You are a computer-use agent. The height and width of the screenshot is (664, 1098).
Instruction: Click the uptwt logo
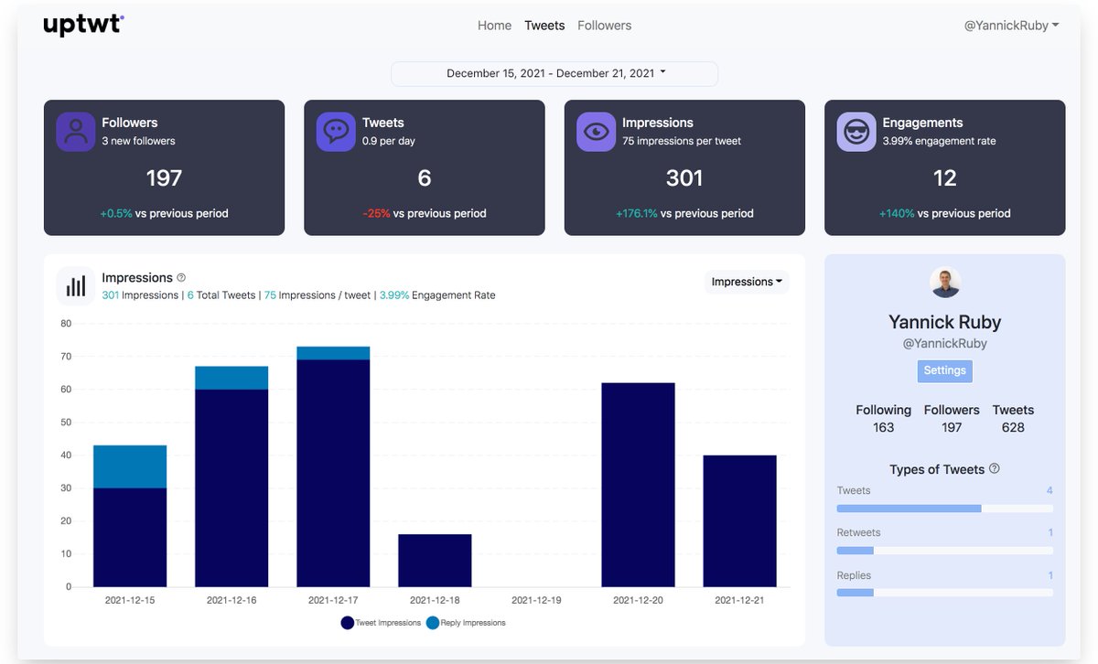point(83,25)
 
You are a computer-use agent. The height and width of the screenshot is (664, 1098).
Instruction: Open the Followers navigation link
point(604,26)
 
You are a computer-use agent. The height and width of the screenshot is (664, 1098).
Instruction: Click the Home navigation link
point(494,26)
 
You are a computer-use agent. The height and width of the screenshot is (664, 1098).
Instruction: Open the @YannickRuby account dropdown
point(1011,26)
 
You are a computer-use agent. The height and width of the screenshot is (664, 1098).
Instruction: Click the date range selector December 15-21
point(554,73)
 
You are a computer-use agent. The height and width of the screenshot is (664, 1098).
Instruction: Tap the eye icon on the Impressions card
point(596,132)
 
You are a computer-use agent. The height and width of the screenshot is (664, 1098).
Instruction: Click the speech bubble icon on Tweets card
point(336,132)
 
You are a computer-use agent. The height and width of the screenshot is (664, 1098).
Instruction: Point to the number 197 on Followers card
point(164,177)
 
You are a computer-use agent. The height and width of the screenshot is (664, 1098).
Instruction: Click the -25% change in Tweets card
point(377,213)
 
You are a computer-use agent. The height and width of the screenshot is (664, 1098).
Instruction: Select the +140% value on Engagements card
point(897,213)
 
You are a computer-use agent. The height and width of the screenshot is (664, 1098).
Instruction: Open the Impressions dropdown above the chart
point(747,282)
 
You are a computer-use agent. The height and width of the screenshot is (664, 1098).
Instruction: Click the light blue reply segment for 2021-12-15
point(130,466)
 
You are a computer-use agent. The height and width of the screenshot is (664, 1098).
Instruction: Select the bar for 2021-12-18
point(435,561)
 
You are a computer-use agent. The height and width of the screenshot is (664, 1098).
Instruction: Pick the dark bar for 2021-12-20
point(638,485)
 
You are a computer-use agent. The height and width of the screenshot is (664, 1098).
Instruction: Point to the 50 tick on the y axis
point(66,422)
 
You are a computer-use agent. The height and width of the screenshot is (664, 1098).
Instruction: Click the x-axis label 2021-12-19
point(536,601)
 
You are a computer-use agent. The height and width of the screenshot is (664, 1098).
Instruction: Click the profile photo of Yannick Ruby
point(945,283)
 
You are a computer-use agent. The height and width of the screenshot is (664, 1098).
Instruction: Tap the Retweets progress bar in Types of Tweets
point(944,551)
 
